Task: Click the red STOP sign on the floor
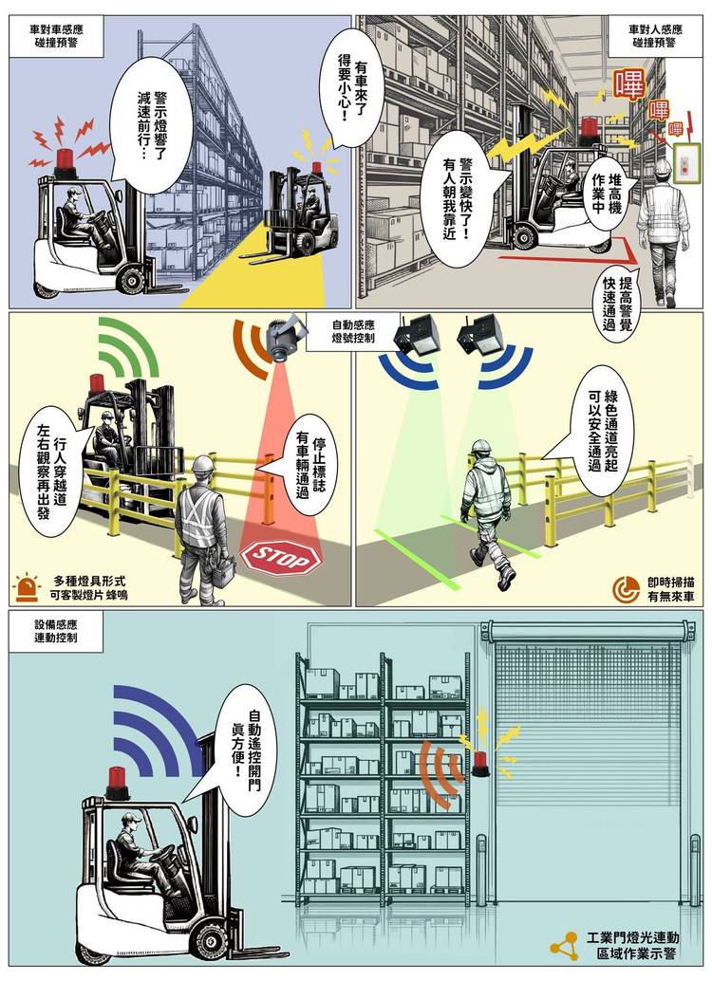tap(279, 557)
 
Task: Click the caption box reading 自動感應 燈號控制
tap(353, 331)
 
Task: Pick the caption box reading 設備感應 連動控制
tap(57, 632)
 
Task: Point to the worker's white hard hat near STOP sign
tap(203, 464)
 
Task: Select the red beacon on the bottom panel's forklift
tap(118, 781)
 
